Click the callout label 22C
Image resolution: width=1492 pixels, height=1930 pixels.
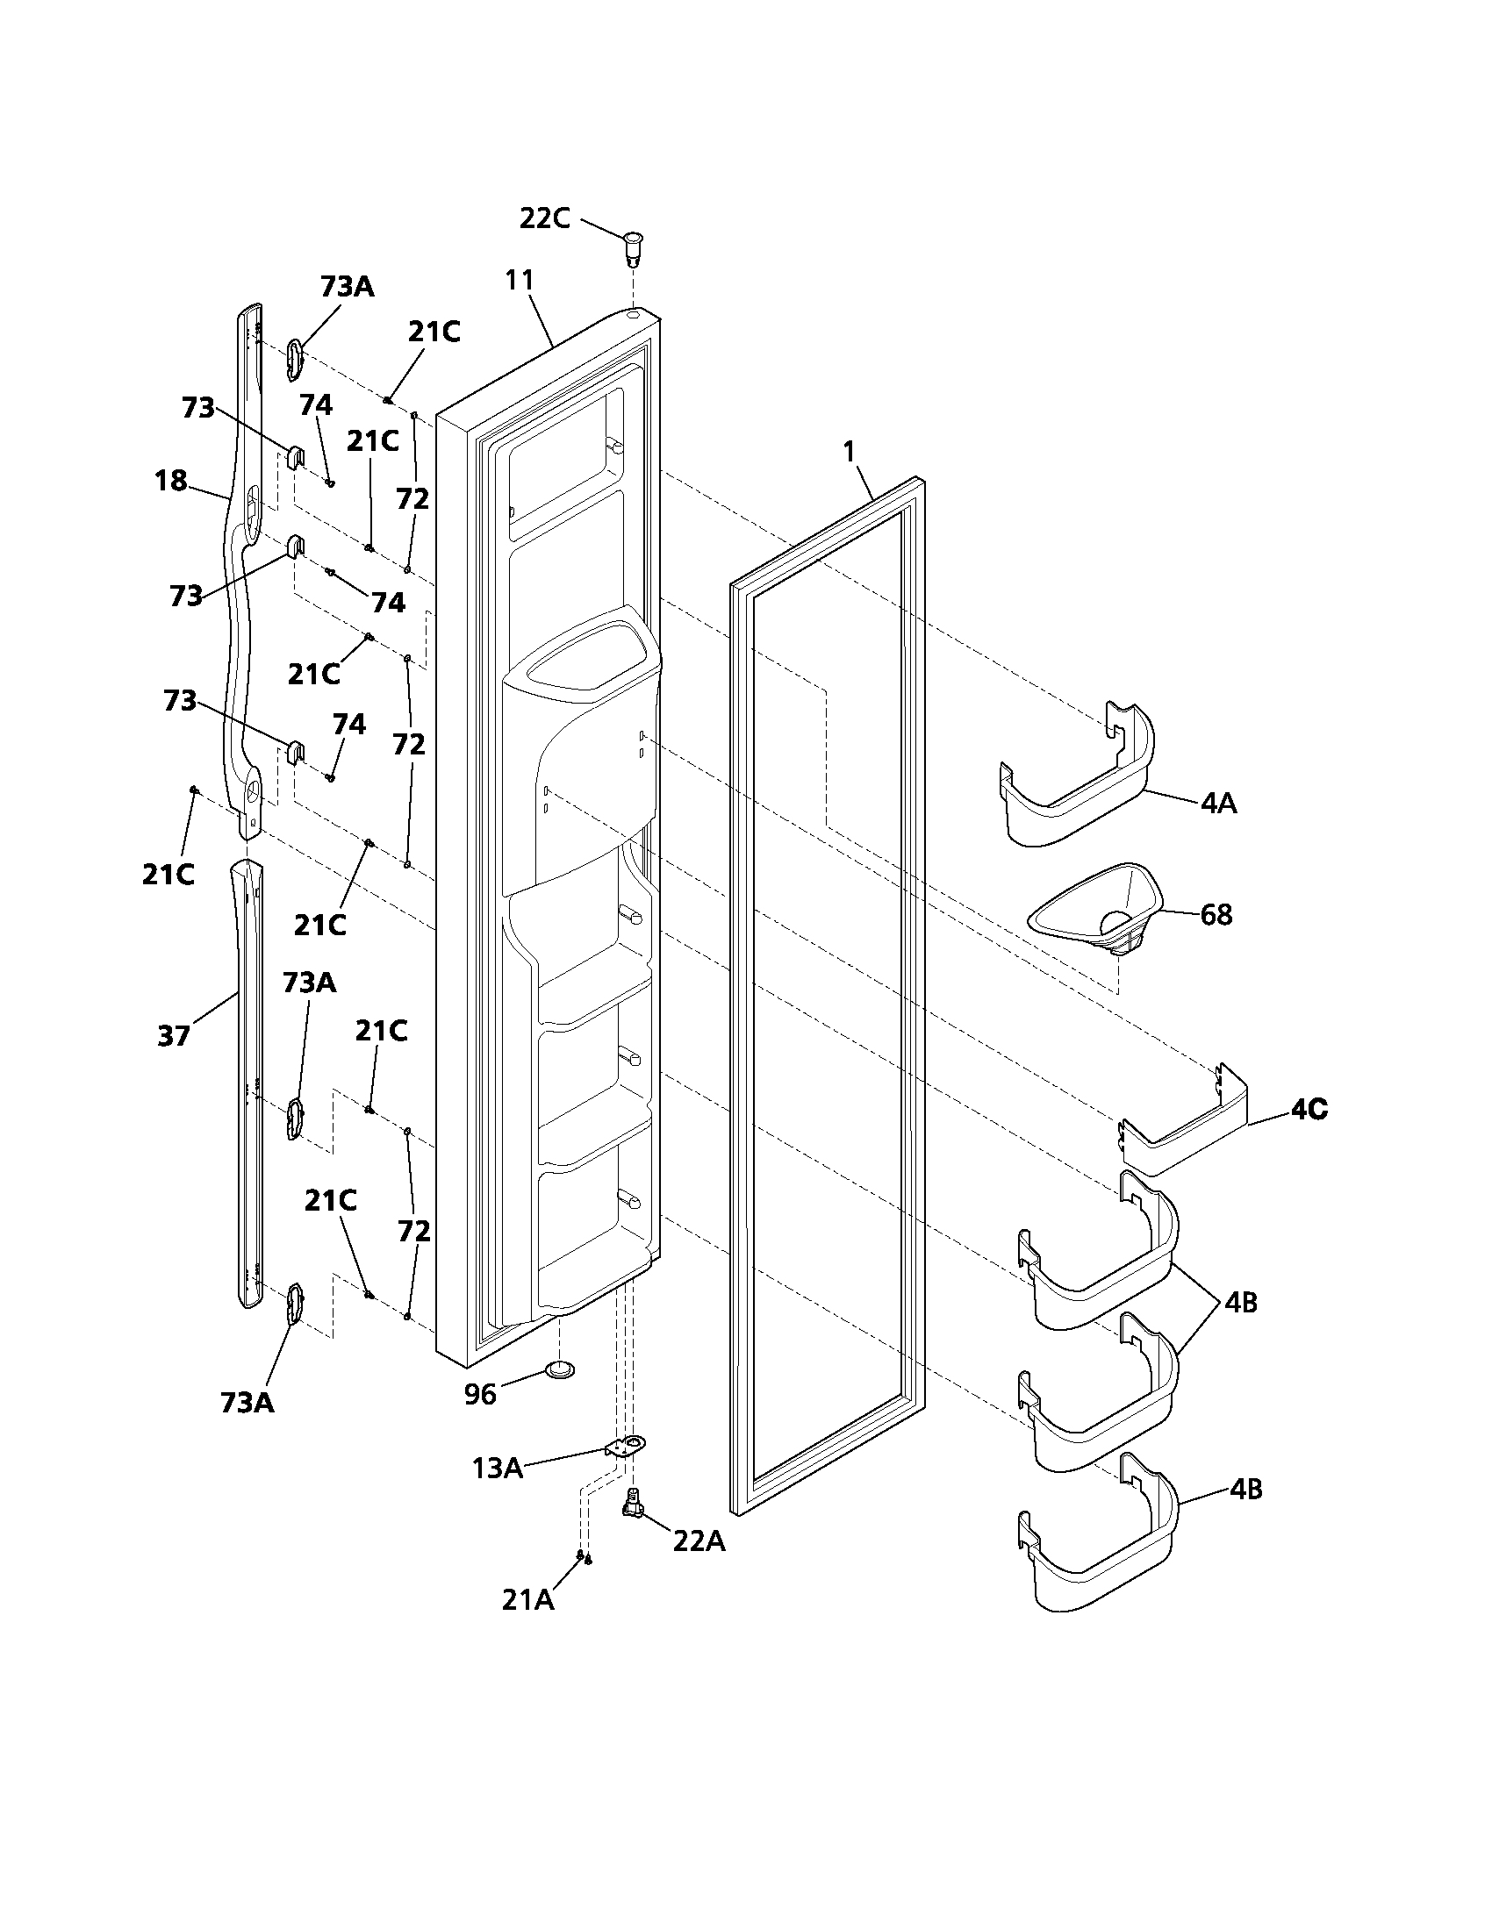tap(543, 218)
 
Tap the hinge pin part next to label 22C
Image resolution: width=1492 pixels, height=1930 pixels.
tap(633, 248)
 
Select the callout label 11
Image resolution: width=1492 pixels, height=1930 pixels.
tap(520, 279)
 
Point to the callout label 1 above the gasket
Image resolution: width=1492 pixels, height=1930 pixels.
tap(849, 452)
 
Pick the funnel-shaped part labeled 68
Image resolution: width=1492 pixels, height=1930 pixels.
tap(1096, 911)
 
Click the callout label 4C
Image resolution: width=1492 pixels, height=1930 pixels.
tap(1309, 1109)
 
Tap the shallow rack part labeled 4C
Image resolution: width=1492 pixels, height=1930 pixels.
tap(1185, 1131)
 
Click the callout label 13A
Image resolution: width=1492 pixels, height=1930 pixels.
tap(498, 1468)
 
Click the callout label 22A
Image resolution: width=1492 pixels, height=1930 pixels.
tap(699, 1540)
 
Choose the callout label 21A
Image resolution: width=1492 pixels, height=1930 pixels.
tap(527, 1599)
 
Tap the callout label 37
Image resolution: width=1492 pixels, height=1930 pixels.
tap(173, 1035)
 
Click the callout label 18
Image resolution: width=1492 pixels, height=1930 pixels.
tap(170, 481)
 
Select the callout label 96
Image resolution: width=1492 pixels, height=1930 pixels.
tap(481, 1395)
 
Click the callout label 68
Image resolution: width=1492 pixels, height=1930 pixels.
tap(1216, 915)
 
